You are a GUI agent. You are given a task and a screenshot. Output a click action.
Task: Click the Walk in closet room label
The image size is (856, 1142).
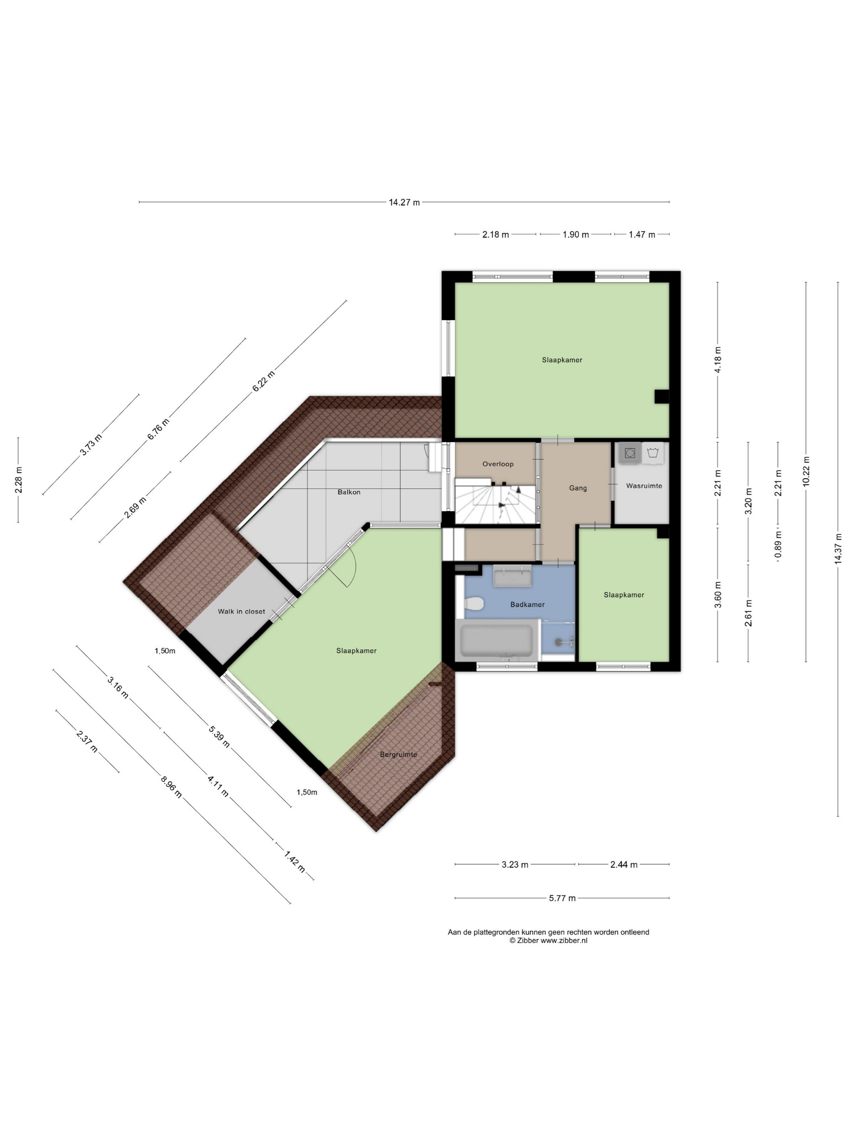pos(241,611)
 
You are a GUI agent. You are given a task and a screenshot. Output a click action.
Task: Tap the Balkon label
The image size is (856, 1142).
pos(349,492)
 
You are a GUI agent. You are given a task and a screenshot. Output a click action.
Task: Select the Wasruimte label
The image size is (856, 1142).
pos(644,486)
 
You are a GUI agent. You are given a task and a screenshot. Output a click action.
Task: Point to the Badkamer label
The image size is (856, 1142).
pos(527,604)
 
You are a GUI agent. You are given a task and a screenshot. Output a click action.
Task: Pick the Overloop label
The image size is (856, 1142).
pos(498,464)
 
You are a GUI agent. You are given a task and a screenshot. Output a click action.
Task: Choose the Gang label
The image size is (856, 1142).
pos(578,488)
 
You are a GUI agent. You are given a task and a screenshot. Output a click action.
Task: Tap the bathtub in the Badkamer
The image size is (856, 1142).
pos(496,641)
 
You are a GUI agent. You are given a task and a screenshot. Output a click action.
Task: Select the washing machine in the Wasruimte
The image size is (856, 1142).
pos(629,453)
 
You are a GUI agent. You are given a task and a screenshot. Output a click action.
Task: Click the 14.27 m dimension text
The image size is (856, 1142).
pos(404,202)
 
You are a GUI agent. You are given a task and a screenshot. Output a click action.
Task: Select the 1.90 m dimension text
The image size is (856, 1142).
pos(575,235)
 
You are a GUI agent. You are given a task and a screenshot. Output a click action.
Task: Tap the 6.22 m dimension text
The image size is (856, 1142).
pos(263,381)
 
